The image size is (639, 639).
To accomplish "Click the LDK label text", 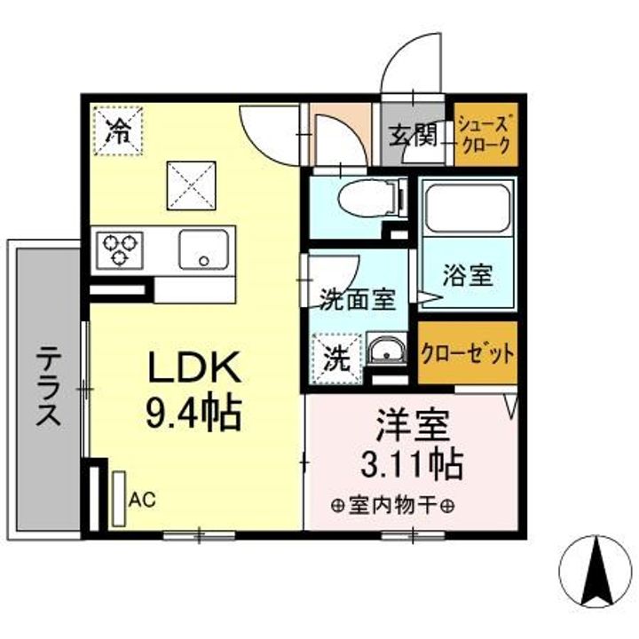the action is (x=194, y=367).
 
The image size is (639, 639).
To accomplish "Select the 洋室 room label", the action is (x=413, y=425).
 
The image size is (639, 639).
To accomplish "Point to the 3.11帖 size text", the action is (x=412, y=463).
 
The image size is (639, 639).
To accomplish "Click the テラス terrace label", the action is (x=49, y=385).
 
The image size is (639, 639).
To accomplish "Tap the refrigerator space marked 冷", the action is (x=118, y=130).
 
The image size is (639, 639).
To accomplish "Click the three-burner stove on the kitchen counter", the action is (x=120, y=250).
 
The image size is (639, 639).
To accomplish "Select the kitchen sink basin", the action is (x=204, y=249).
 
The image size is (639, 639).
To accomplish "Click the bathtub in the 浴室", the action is (x=468, y=209).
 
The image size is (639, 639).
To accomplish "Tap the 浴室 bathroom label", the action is (x=468, y=275).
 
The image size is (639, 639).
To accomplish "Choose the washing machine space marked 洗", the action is (x=336, y=359).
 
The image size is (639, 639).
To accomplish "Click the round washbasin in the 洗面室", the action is (x=385, y=350).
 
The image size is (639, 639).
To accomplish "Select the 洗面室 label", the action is (x=357, y=300).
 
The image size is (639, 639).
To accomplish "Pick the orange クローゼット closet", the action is (x=468, y=353).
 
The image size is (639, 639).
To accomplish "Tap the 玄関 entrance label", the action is (x=413, y=135).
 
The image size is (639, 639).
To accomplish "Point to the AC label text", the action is (x=142, y=499).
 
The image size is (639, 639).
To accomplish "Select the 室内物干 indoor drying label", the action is (x=392, y=506).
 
